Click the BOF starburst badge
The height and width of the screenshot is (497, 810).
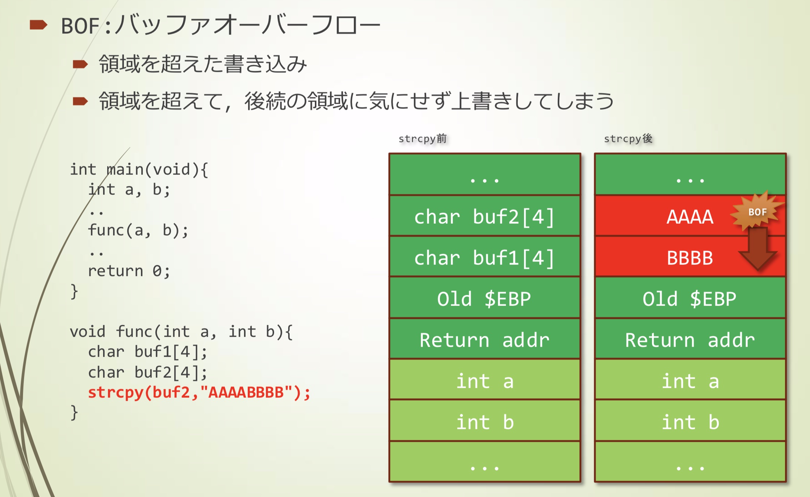[757, 212]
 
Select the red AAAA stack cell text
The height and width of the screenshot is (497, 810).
[689, 217]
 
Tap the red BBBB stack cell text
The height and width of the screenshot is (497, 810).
[689, 258]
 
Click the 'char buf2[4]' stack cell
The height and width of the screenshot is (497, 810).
[484, 217]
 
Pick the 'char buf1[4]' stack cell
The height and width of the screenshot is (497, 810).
[484, 258]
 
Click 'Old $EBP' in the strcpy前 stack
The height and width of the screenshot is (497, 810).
[484, 299]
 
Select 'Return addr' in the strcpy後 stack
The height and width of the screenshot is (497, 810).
[690, 340]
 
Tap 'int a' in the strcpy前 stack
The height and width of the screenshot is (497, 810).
[484, 381]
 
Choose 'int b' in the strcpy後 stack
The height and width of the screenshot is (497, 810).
[690, 422]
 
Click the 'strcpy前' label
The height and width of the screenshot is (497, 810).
[422, 139]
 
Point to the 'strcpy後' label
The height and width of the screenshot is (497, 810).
[628, 139]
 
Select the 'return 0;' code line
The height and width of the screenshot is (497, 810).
[129, 271]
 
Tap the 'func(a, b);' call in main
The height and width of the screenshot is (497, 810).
[138, 230]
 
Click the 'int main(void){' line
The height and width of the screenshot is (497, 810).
[139, 170]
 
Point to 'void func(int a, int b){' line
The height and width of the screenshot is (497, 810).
[181, 331]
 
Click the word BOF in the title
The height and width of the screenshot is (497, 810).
[80, 26]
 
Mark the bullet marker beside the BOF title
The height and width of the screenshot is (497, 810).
[38, 25]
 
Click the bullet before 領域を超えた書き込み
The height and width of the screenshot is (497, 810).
[80, 64]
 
